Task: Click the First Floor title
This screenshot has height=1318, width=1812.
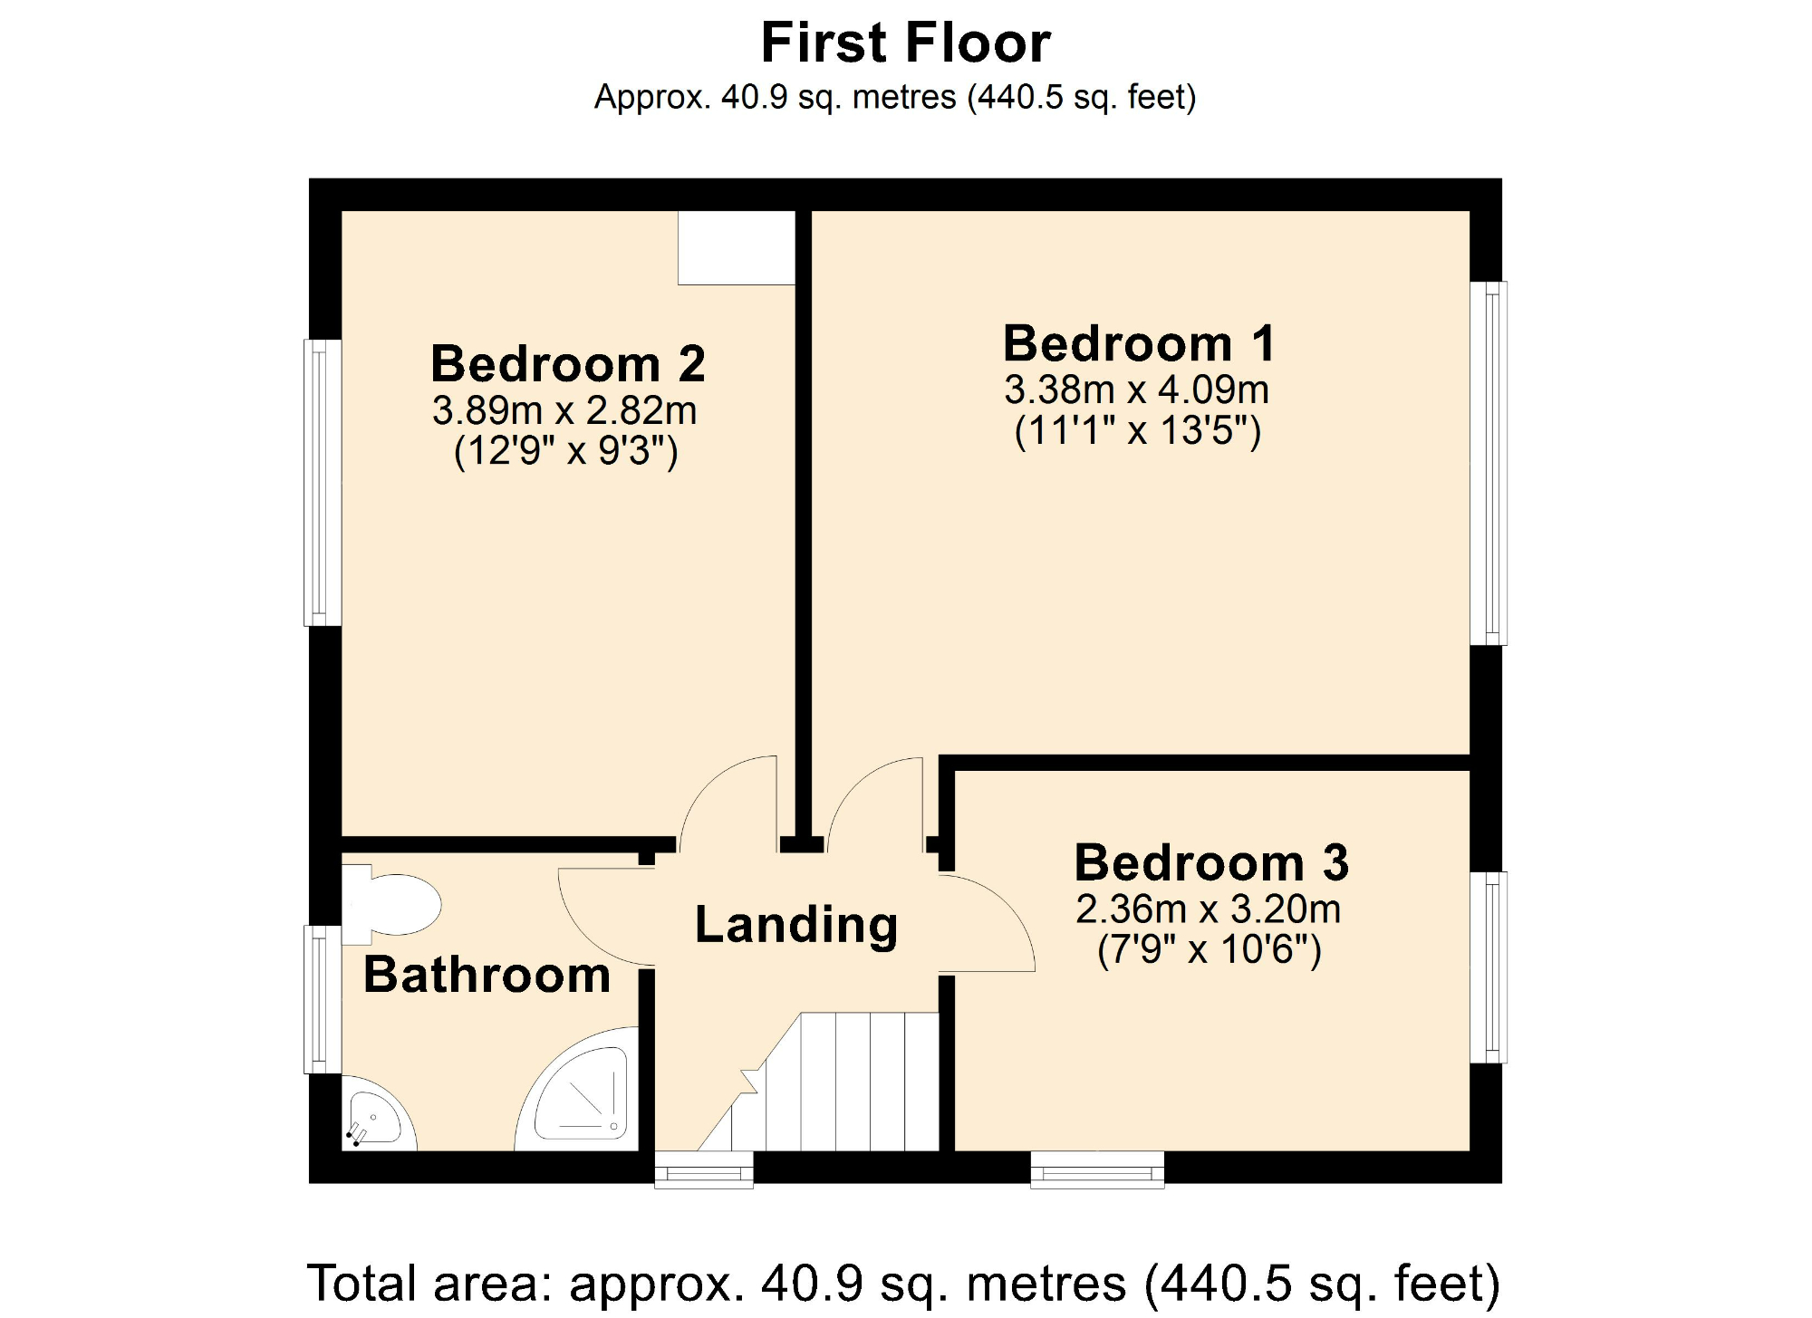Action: click(905, 43)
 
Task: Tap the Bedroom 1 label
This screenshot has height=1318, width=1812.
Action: click(1139, 344)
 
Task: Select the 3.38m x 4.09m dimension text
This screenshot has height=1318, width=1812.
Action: click(1136, 390)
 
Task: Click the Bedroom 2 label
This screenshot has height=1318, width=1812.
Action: click(567, 364)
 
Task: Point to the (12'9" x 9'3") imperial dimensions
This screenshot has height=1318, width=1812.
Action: click(565, 450)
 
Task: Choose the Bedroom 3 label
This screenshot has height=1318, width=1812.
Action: click(1211, 862)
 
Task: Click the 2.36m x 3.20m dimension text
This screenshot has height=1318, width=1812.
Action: click(1208, 909)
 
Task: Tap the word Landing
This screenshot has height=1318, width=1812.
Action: click(796, 925)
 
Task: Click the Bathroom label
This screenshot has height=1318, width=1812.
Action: click(487, 976)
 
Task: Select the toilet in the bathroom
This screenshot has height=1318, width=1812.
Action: click(394, 904)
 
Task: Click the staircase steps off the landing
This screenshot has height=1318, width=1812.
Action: click(852, 1082)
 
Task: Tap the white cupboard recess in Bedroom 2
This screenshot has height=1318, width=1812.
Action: click(736, 248)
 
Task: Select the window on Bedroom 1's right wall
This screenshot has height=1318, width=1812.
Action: click(1489, 463)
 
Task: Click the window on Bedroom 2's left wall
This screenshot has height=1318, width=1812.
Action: click(322, 483)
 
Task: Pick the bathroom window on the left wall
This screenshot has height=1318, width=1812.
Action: click(322, 999)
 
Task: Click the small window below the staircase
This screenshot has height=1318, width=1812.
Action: click(704, 1169)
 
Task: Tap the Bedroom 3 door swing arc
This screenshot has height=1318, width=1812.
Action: click(992, 924)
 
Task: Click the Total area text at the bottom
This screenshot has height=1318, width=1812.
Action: click(903, 1284)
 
